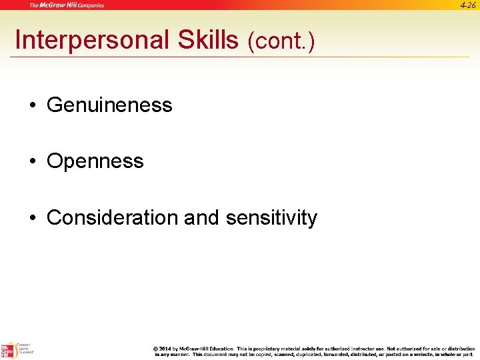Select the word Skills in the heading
tap(207, 41)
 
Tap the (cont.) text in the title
tap(281, 42)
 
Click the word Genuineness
tap(109, 105)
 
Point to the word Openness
tap(95, 161)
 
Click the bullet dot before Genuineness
tap(32, 105)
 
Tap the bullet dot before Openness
tap(32, 161)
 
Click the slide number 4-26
tap(468, 5)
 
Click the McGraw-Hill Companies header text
tap(66, 5)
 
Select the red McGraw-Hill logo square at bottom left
tap(7, 351)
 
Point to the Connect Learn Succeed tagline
tap(25, 349)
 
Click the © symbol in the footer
tap(155, 349)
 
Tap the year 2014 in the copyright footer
tap(165, 349)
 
